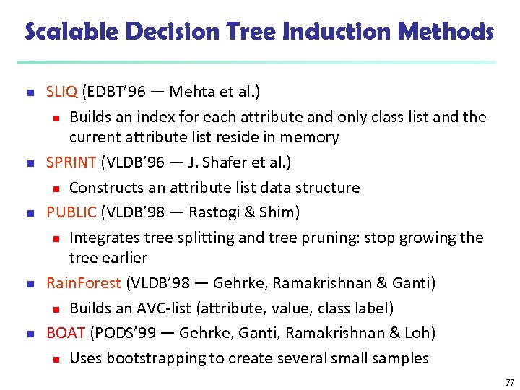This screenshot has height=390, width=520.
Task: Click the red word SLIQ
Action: tap(62, 92)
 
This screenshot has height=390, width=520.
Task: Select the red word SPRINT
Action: tap(71, 162)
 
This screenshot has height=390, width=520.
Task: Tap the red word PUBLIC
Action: tap(71, 212)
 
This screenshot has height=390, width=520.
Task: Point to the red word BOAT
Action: tap(66, 333)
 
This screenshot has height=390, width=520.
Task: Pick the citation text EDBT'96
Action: tap(115, 92)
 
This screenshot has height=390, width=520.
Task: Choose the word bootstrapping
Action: tap(157, 358)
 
